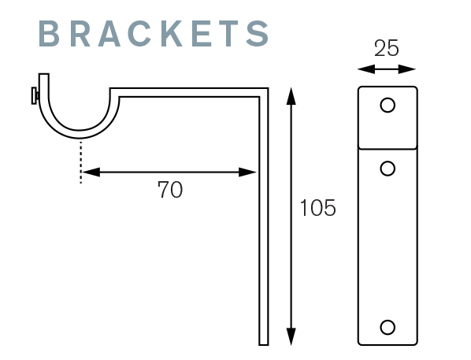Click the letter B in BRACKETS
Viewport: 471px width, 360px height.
coord(49,33)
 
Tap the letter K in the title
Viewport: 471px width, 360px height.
coord(172,33)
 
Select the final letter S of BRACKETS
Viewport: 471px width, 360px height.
coord(258,33)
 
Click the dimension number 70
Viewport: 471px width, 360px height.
coord(170,190)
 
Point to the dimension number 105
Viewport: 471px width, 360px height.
coord(317,208)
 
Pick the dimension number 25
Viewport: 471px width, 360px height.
coord(387,48)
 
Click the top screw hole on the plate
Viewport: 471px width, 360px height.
coord(388,106)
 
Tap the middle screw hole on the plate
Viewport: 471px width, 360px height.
coord(388,169)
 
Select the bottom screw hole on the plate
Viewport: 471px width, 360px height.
coord(388,327)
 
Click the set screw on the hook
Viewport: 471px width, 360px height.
coord(35,95)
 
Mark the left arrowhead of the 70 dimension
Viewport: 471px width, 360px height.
coord(91,173)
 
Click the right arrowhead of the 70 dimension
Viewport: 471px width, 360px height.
coord(247,173)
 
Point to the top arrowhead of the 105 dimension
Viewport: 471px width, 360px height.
coord(291,96)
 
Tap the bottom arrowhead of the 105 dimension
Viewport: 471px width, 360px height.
coord(291,336)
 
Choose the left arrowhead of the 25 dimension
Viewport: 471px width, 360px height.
coord(366,69)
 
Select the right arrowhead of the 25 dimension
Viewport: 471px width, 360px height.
coord(407,69)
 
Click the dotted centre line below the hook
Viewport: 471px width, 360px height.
coord(80,161)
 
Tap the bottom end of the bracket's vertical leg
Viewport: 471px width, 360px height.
coord(263,345)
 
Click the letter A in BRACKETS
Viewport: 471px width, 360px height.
coord(109,33)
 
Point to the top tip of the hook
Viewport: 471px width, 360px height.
coord(43,74)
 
